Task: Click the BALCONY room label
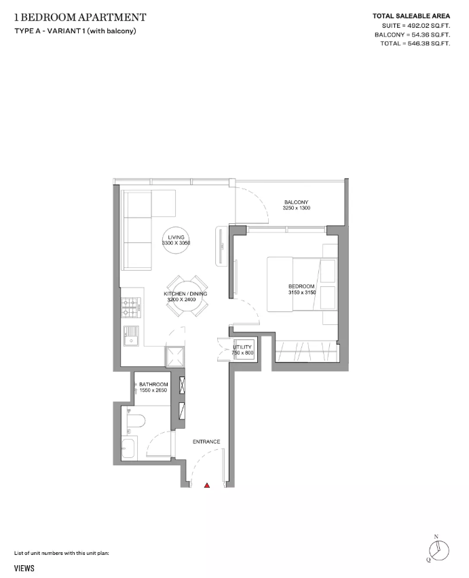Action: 297,202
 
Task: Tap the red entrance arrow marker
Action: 208,485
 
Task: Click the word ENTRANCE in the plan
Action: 206,442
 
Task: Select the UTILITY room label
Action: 242,347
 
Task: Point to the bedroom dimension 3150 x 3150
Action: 301,292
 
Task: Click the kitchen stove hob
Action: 130,309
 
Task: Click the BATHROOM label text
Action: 153,384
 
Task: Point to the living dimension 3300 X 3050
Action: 176,243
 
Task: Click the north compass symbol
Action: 436,550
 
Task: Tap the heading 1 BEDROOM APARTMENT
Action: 79,16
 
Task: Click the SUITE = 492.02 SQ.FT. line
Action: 416,25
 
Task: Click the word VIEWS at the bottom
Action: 24,569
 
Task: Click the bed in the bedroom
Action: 292,284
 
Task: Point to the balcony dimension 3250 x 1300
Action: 297,209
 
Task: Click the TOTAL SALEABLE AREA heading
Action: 411,16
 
